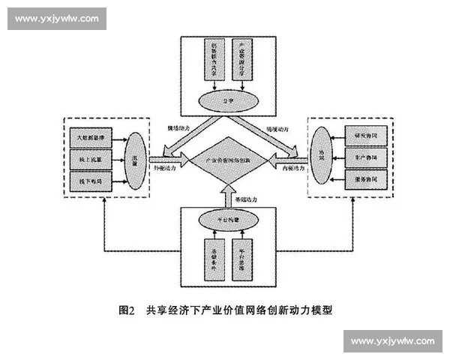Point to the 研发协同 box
coord(362,136)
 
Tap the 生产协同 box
coord(362,157)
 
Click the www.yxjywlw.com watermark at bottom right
coord(392,341)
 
